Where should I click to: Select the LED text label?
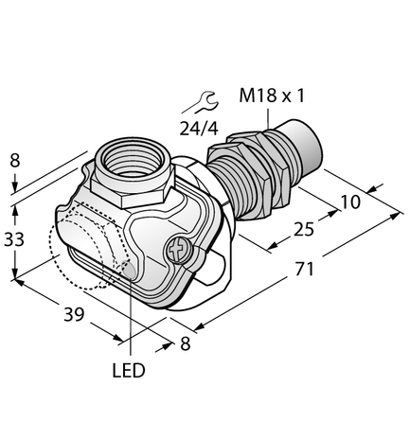[x=129, y=371]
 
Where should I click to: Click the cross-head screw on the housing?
[x=177, y=251]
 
